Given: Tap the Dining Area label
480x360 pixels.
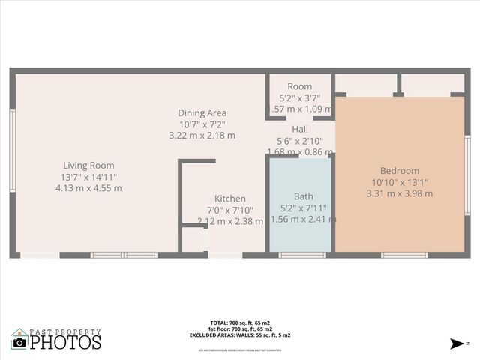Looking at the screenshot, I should click(202, 113).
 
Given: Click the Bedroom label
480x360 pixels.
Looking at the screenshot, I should click(400, 171).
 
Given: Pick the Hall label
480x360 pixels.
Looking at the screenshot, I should click(300, 130).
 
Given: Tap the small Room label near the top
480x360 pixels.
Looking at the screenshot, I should click(300, 87).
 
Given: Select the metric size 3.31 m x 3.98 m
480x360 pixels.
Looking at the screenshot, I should click(400, 193).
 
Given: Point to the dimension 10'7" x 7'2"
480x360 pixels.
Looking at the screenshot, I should click(202, 124).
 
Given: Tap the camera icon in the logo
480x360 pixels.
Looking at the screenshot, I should click(19, 342).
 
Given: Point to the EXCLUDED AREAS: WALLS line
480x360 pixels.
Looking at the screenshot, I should click(239, 335).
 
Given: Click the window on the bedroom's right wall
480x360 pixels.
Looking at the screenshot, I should click(466, 165).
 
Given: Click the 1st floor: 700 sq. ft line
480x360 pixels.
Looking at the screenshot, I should click(239, 329).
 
